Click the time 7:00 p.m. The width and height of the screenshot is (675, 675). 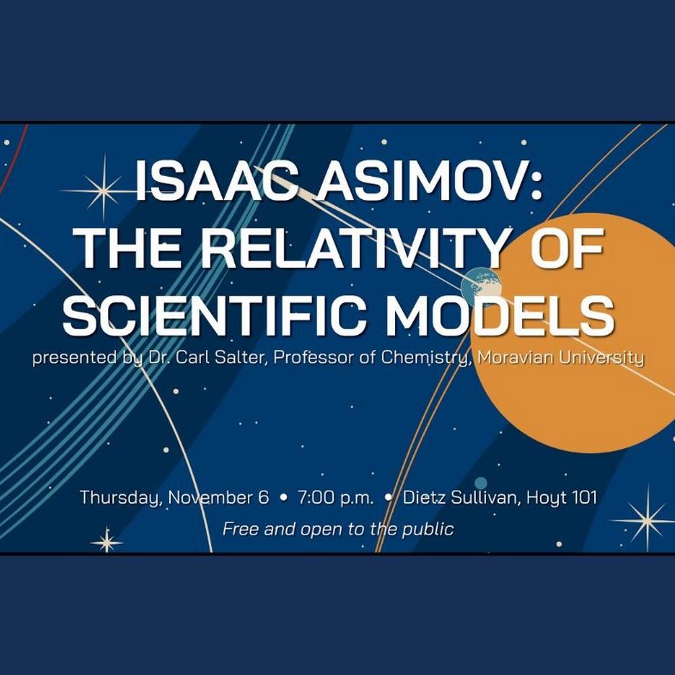point(335,498)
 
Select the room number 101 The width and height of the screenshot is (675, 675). point(584,497)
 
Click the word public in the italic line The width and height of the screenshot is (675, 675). point(427,529)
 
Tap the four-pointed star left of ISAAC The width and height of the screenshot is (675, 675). point(103,190)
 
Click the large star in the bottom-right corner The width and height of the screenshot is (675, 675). point(647,520)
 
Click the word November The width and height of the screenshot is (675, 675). point(218,497)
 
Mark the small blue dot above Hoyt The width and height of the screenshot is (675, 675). point(481,483)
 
